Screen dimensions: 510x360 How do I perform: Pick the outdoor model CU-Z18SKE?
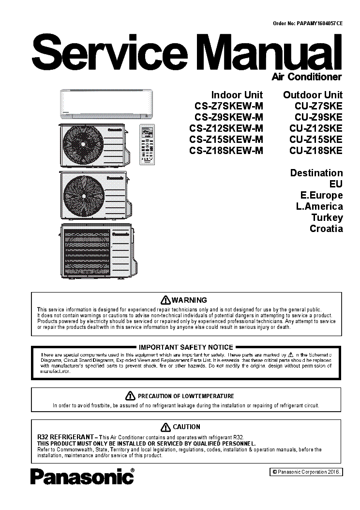click(315, 151)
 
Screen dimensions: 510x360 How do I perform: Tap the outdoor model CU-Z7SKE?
click(318, 106)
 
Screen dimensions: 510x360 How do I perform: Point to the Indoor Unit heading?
click(237, 94)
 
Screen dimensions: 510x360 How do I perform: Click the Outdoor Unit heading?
click(313, 94)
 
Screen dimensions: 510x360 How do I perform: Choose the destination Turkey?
click(327, 217)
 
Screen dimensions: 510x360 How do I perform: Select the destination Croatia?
click(326, 229)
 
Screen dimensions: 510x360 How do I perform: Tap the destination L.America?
click(319, 206)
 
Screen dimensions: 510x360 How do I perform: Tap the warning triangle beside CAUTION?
click(165, 427)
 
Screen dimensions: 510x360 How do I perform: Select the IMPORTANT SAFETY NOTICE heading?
click(186, 347)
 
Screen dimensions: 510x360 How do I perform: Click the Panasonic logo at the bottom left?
click(82, 478)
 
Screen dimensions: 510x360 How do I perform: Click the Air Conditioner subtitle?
click(307, 77)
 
